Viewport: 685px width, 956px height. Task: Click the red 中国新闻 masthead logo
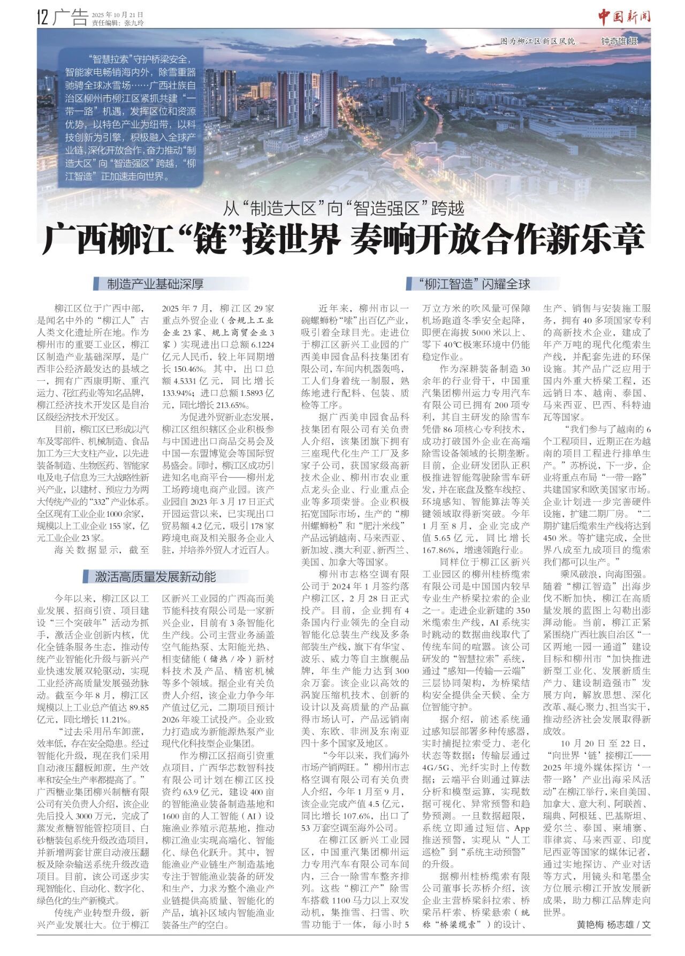click(624, 18)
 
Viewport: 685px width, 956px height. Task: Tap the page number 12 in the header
click(43, 19)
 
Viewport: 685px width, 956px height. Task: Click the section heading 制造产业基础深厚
click(155, 284)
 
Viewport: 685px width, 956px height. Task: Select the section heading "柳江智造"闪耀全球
click(473, 284)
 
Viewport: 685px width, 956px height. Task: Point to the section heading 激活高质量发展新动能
click(155, 576)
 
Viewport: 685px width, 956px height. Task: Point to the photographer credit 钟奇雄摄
click(619, 41)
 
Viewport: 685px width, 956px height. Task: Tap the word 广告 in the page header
click(71, 19)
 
